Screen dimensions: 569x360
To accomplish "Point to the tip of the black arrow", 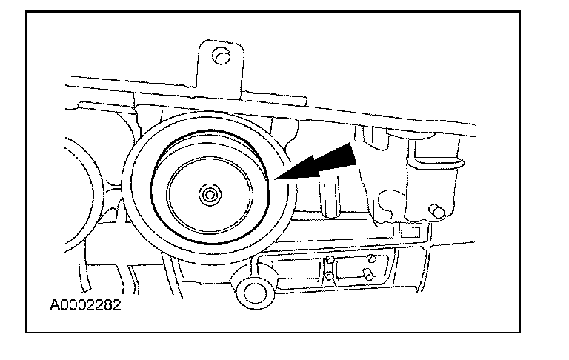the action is coord(276,179).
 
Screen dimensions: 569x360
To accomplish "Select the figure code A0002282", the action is coord(86,304).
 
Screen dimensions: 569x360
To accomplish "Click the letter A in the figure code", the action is coord(55,304).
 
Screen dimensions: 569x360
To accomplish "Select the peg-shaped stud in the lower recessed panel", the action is coord(367,274).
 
